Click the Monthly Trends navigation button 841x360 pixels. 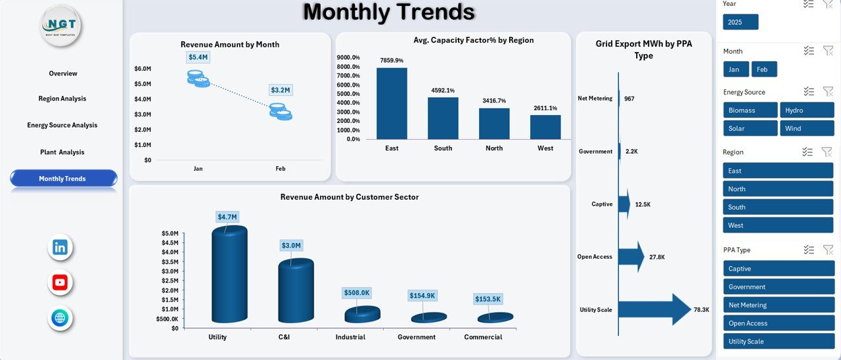63,179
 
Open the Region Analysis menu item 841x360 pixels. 62,99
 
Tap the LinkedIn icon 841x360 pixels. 60,248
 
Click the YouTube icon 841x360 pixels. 60,283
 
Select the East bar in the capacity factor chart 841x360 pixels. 392,104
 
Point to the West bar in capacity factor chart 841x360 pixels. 545,127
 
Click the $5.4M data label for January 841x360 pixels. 198,58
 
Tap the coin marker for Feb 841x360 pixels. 281,111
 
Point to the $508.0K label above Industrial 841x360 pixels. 357,293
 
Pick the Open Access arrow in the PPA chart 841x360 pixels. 631,257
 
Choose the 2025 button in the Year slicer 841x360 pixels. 740,22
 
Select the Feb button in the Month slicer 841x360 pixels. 764,70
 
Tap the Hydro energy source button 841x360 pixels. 807,110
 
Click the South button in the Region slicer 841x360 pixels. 779,207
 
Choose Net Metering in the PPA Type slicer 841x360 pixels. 779,305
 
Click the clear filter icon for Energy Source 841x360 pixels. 827,91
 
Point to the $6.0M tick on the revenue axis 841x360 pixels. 143,69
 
